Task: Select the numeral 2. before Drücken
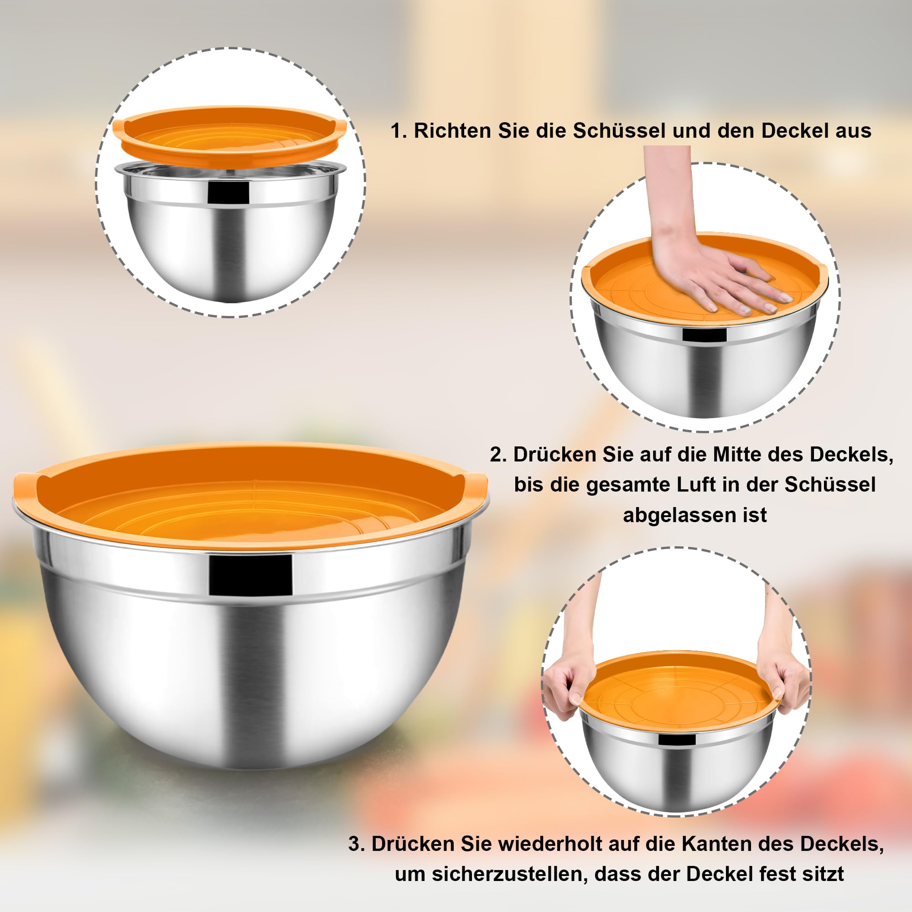pos(498,455)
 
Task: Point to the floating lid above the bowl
pos(230,135)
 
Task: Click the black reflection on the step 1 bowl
pos(228,192)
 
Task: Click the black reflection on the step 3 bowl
pos(677,739)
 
